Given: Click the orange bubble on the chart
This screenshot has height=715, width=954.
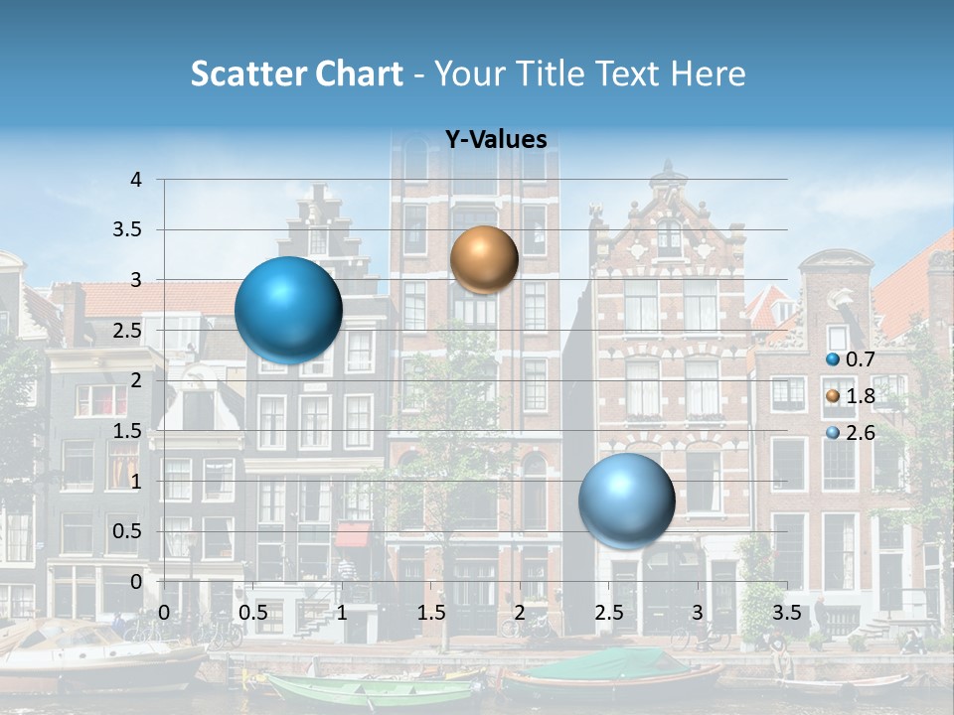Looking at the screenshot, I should pos(484,259).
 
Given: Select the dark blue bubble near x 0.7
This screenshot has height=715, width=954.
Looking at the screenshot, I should pos(288,310).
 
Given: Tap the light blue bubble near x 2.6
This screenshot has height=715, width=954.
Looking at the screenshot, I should pos(626,500).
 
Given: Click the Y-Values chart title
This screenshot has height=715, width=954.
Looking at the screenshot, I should pos(495,140).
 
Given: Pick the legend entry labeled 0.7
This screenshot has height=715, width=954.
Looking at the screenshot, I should pos(852,359).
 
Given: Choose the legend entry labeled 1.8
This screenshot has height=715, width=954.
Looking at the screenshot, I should pos(852,396).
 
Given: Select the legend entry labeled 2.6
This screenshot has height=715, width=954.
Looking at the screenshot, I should pos(852,433).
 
